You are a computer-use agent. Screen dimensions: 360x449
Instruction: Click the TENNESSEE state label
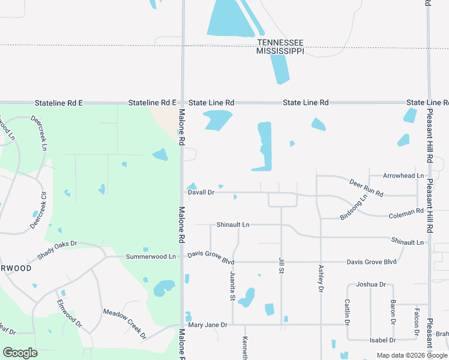280,43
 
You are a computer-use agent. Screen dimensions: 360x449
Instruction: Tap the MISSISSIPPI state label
280,52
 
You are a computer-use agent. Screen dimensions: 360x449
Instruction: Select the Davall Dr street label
201,193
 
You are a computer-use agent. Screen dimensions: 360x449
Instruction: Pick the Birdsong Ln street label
354,207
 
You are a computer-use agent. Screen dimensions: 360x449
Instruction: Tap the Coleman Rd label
406,213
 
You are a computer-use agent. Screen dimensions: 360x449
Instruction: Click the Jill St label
281,265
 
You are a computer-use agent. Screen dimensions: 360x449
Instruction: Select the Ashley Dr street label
321,278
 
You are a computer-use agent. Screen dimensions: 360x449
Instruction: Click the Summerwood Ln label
151,257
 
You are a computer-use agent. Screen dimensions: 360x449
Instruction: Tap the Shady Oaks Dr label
58,251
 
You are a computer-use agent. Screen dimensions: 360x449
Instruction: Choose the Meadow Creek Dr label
125,323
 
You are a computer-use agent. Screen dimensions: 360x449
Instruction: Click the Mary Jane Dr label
208,325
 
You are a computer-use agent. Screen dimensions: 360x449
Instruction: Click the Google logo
20,353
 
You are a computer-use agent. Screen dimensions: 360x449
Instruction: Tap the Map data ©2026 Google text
412,355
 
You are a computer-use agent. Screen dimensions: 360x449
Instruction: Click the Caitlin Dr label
347,311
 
